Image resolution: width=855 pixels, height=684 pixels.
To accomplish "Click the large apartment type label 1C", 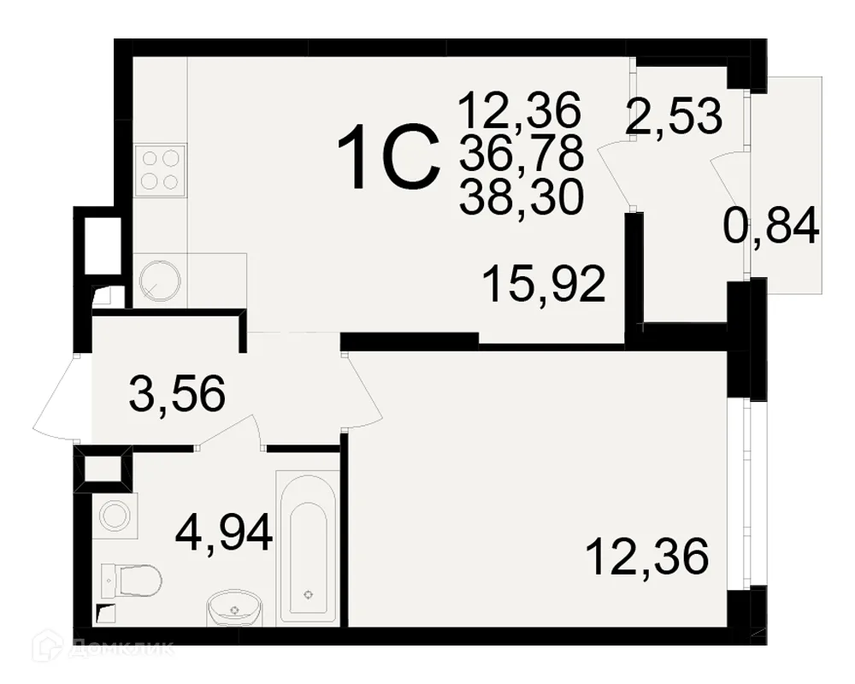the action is click(x=389, y=156).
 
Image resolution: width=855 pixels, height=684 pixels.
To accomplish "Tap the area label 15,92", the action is click(x=544, y=284).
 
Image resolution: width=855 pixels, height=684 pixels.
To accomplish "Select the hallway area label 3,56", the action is click(x=177, y=392).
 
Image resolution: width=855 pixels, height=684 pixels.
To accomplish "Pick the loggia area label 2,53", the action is click(x=675, y=116).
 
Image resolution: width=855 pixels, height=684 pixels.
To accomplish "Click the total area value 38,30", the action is click(x=522, y=198).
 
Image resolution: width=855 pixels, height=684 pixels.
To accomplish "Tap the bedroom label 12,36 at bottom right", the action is click(x=646, y=557).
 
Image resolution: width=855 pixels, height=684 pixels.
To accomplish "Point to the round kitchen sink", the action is click(x=160, y=280).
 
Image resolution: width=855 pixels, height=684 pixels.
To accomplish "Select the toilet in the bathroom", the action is click(x=132, y=581).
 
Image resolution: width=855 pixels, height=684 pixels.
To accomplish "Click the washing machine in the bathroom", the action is click(x=115, y=514).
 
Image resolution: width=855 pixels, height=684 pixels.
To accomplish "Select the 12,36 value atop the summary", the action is click(x=520, y=110).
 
